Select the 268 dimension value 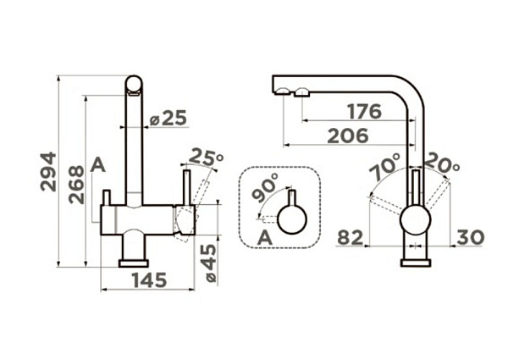(x=75, y=183)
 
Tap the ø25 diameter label (x=168, y=119)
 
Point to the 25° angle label (x=206, y=157)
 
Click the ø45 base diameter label (x=209, y=264)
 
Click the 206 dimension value (x=346, y=135)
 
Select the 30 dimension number (x=469, y=237)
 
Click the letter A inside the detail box (x=264, y=237)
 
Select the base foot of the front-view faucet (x=134, y=263)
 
